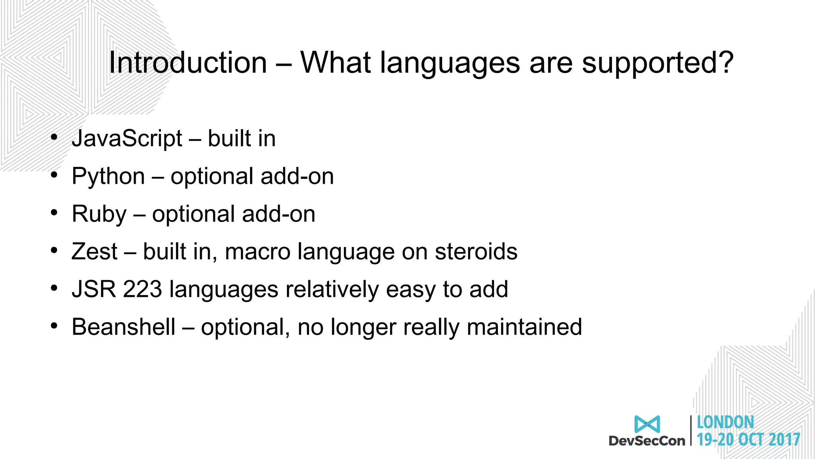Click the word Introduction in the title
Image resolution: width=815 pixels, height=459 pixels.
tap(188, 63)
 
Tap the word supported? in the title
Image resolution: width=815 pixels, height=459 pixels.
tap(658, 63)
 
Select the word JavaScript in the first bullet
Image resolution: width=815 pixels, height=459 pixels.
tap(127, 139)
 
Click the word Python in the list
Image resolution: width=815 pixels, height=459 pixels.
tap(108, 177)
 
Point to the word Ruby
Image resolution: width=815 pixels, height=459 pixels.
tap(99, 214)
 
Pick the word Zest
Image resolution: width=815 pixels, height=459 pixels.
tap(94, 252)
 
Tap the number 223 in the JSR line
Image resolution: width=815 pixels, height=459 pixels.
tap(142, 289)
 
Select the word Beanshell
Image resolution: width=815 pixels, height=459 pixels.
tap(123, 327)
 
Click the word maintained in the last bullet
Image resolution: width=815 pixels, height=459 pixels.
tap(524, 327)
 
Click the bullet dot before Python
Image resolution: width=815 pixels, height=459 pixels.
tap(55, 176)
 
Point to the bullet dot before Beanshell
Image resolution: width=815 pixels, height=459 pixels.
tap(55, 326)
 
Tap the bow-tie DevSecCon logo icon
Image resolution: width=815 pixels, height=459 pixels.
tap(647, 424)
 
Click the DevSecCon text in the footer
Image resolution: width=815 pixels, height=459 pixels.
tap(647, 441)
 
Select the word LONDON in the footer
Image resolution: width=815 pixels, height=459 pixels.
tap(725, 422)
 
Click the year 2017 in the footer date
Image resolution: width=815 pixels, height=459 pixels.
tap(784, 440)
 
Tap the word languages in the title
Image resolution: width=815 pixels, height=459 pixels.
tap(450, 63)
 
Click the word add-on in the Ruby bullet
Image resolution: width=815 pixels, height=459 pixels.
tap(279, 214)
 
